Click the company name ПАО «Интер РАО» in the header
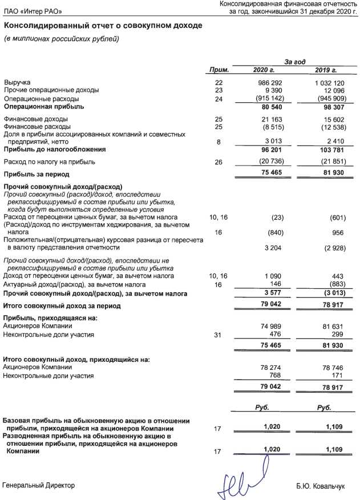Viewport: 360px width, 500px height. point(33,11)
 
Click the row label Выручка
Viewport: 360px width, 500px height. point(17,83)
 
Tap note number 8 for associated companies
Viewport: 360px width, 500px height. point(219,142)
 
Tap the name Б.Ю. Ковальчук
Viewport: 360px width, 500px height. point(321,486)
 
